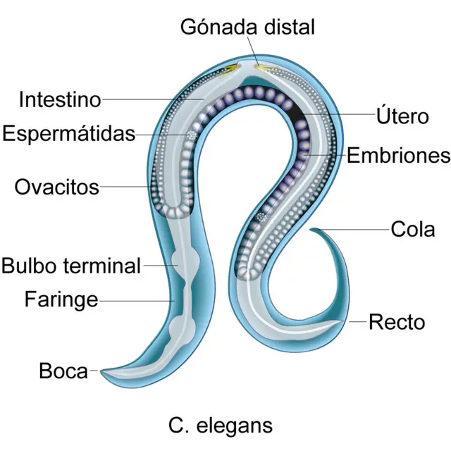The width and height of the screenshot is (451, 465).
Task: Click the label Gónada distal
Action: click(247, 27)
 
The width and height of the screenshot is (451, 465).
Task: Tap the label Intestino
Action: click(60, 99)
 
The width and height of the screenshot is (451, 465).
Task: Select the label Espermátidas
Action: click(68, 133)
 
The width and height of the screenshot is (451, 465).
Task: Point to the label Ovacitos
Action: click(56, 187)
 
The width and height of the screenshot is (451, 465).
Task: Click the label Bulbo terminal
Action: click(71, 266)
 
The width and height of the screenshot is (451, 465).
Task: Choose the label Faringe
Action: click(61, 299)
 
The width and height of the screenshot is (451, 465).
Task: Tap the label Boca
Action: click(63, 371)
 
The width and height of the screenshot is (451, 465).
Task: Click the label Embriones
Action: click(398, 155)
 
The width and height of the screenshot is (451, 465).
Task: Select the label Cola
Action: click(413, 229)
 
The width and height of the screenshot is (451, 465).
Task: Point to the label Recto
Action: click(397, 322)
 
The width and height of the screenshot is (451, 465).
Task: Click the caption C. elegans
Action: click(221, 425)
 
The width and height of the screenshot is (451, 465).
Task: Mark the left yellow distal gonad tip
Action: click(233, 68)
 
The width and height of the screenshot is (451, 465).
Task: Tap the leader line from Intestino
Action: click(152, 100)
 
